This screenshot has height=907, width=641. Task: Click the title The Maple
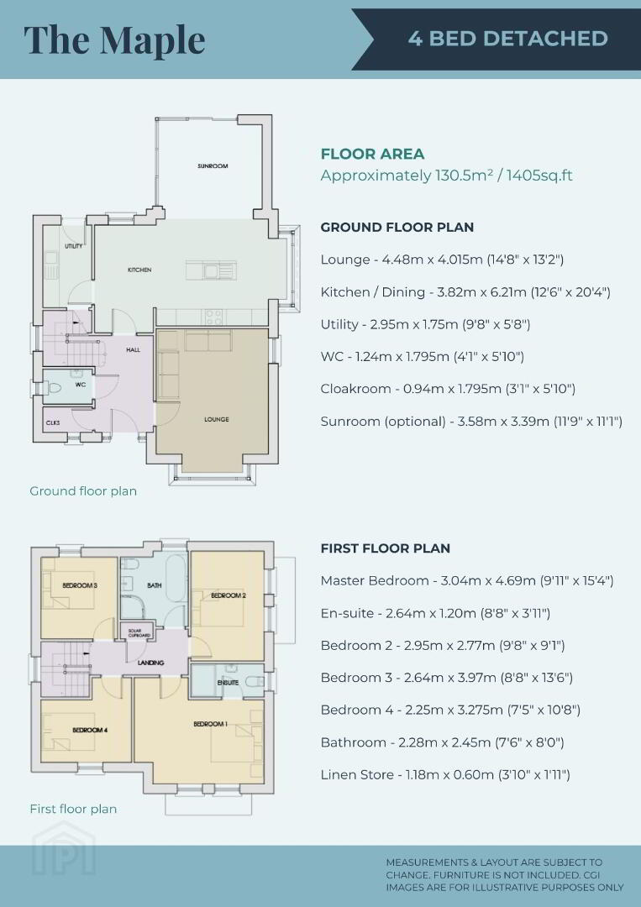pyautogui.click(x=114, y=39)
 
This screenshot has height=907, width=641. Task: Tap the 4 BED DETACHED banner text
pyautogui.click(x=507, y=39)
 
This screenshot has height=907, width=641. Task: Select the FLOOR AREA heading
pyautogui.click(x=372, y=154)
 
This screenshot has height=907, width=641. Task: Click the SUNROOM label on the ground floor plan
pyautogui.click(x=213, y=166)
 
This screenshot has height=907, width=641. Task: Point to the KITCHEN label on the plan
pyautogui.click(x=139, y=270)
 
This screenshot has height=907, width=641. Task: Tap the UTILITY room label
pyautogui.click(x=73, y=246)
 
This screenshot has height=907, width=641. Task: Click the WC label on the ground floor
pyautogui.click(x=81, y=385)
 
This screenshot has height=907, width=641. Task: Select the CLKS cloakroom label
pyautogui.click(x=53, y=422)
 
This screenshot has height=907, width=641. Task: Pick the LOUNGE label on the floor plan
pyautogui.click(x=217, y=419)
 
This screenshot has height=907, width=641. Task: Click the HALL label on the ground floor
pyautogui.click(x=133, y=349)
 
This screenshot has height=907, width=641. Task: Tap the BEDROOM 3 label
pyautogui.click(x=80, y=585)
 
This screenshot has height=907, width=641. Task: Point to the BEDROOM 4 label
pyautogui.click(x=90, y=730)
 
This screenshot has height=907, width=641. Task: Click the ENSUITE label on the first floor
pyautogui.click(x=228, y=683)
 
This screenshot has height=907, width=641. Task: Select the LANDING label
pyautogui.click(x=150, y=663)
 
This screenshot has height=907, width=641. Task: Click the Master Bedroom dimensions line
pyautogui.click(x=467, y=581)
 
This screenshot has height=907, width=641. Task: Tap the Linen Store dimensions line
pyautogui.click(x=445, y=774)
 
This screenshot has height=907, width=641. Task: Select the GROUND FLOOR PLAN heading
pyautogui.click(x=397, y=228)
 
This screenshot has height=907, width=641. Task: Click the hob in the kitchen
pyautogui.click(x=213, y=317)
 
